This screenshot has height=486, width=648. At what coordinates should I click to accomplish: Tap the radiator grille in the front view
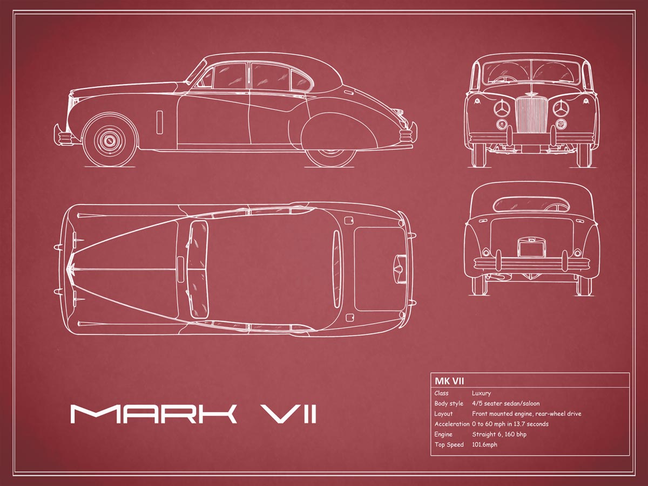click(x=532, y=115)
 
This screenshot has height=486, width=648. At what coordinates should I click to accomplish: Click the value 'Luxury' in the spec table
click(x=481, y=393)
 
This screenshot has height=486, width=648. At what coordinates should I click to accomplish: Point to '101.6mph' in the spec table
click(x=484, y=444)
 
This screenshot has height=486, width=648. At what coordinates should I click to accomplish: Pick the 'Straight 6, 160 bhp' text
click(x=499, y=434)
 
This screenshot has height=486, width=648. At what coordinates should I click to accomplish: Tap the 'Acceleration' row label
click(x=451, y=424)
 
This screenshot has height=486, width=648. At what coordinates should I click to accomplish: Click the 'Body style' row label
click(x=449, y=403)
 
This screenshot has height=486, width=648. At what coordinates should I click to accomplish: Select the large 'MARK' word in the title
click(x=153, y=414)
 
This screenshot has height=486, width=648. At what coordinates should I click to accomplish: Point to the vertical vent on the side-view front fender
click(x=160, y=122)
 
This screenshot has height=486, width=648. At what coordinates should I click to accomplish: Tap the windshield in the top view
click(x=198, y=269)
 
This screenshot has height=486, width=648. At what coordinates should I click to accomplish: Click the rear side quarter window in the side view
click(x=301, y=80)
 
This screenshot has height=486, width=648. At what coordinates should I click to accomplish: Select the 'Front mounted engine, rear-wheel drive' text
click(x=526, y=414)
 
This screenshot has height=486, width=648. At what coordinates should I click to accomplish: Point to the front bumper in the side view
click(x=60, y=134)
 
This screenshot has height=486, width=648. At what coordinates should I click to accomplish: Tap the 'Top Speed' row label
click(x=449, y=444)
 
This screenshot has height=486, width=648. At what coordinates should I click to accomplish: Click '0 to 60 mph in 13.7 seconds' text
click(x=510, y=424)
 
